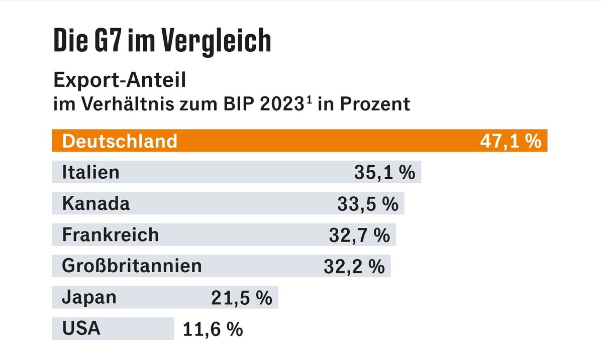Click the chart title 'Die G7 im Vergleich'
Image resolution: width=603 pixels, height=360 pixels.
[162, 42]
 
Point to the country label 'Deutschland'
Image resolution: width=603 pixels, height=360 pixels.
[120, 141]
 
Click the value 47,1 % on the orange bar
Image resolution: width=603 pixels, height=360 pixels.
[510, 141]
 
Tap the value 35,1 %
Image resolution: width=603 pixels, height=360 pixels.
[384, 173]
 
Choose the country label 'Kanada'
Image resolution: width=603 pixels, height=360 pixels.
[95, 203]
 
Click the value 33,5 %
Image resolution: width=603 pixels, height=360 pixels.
[367, 204]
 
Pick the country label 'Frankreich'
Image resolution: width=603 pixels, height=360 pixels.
[110, 234]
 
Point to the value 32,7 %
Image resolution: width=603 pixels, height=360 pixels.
[359, 235]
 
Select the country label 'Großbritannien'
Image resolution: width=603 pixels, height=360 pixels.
[132, 266]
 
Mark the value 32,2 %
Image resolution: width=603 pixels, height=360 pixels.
[354, 266]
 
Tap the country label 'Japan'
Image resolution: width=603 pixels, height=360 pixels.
[89, 297]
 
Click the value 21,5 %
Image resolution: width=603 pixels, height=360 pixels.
[241, 298]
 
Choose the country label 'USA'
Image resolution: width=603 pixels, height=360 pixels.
[81, 328]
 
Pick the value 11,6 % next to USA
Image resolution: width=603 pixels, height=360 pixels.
[213, 329]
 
